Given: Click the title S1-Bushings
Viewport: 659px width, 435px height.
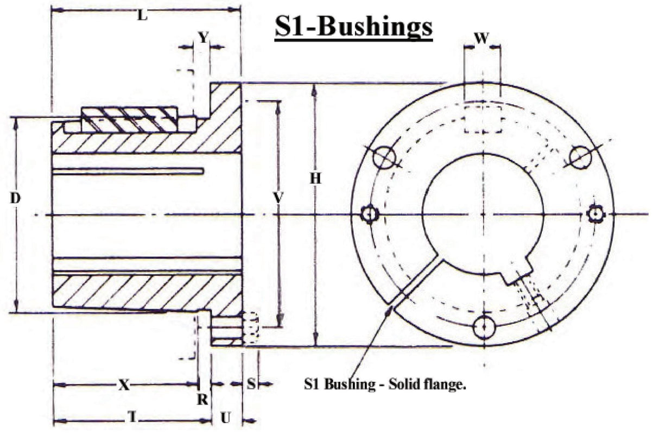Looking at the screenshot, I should pyautogui.click(x=353, y=27).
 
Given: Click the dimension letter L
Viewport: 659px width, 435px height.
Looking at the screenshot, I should pyautogui.click(x=142, y=16).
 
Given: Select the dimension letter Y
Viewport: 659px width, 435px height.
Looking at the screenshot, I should pyautogui.click(x=202, y=37).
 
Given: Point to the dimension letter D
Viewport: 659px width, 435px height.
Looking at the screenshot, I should pyautogui.click(x=15, y=199).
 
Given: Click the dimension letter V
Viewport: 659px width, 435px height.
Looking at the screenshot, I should pyautogui.click(x=278, y=199).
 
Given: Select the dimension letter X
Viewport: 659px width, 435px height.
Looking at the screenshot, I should pyautogui.click(x=124, y=385).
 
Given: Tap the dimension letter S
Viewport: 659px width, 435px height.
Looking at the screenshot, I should pyautogui.click(x=251, y=384).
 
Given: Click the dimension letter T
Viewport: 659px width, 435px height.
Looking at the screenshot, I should pyautogui.click(x=131, y=417).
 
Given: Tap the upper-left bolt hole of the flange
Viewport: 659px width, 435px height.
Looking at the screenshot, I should pyautogui.click(x=383, y=157).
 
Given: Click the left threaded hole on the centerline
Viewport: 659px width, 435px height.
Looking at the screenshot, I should pyautogui.click(x=370, y=214).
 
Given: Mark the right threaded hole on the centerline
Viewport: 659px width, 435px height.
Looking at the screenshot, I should pyautogui.click(x=597, y=214).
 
